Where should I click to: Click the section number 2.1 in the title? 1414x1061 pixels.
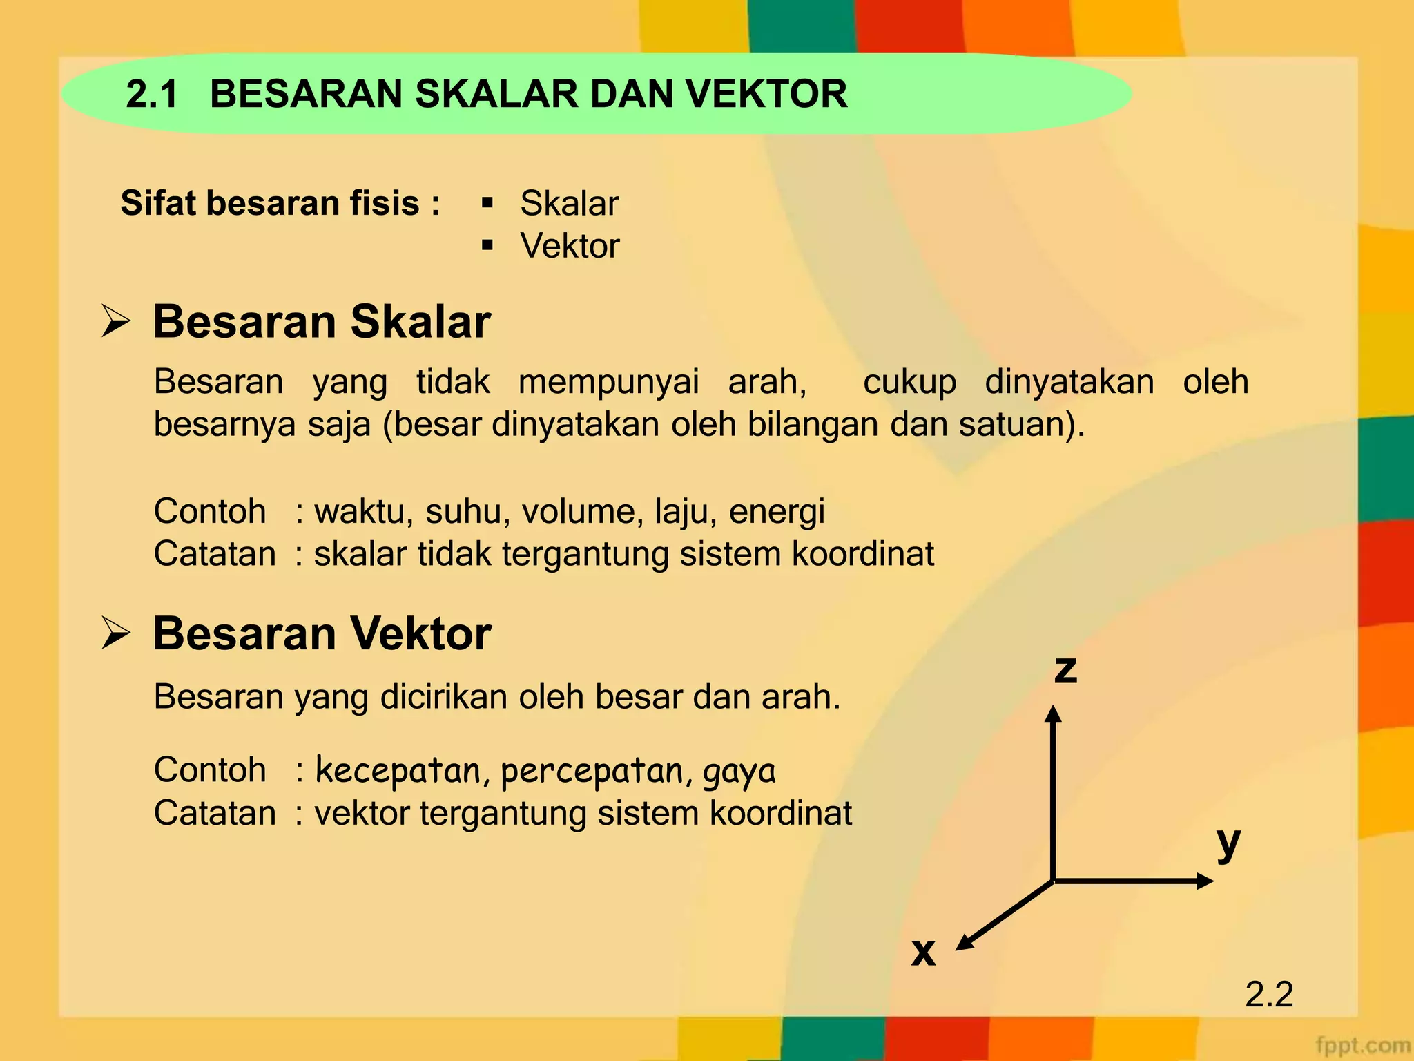[x=153, y=94]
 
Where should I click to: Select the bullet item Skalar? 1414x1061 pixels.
[x=569, y=203]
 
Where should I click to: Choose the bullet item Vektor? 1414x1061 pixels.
[x=570, y=246]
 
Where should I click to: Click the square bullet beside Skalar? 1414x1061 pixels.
[x=487, y=203]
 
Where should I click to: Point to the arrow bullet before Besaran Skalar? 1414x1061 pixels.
[x=115, y=321]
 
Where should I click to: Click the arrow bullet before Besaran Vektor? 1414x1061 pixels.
[x=115, y=633]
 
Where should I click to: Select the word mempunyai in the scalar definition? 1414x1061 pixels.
[x=608, y=382]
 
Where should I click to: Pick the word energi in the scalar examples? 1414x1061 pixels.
[x=777, y=512]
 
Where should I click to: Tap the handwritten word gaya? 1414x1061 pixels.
[x=739, y=772]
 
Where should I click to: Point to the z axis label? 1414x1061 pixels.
[x=1065, y=669]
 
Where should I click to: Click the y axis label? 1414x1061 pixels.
[x=1228, y=843]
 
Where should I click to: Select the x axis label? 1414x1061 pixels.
[x=923, y=952]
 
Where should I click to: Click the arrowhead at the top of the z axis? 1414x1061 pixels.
[x=1052, y=714]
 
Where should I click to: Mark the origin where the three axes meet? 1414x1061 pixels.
[x=1053, y=881]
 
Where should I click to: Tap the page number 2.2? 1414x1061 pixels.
[x=1269, y=994]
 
